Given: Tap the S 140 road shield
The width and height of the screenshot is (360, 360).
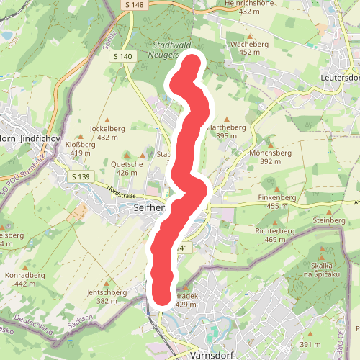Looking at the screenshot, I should coord(123,56).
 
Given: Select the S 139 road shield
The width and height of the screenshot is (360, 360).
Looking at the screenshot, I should coord(80,177).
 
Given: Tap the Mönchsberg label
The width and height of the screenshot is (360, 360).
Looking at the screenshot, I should coord(270,153).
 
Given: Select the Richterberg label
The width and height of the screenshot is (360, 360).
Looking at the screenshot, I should coord(275,231).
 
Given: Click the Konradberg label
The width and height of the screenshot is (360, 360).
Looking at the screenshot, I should coord(24,274).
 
